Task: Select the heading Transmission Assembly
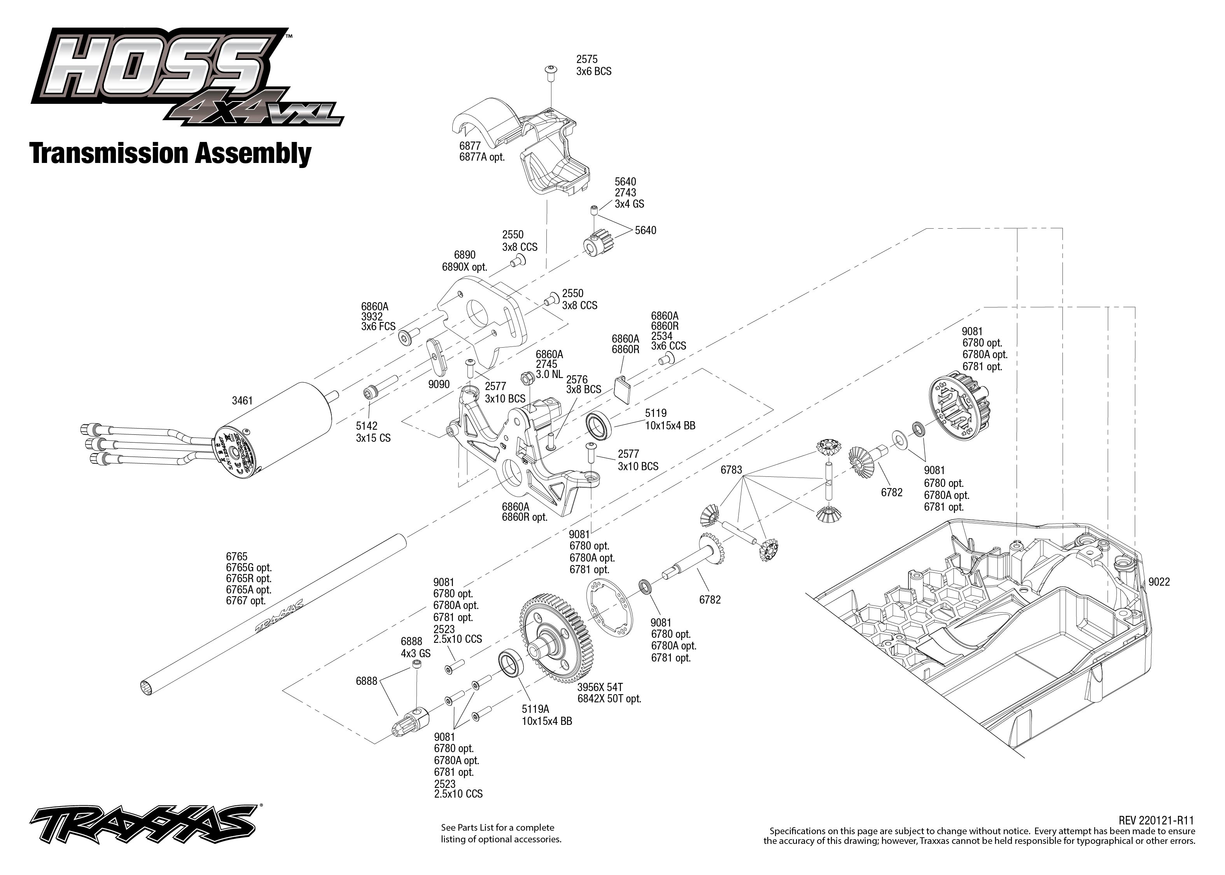click(170, 154)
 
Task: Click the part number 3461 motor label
click(242, 400)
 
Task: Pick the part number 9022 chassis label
click(1159, 582)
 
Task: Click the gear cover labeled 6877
click(533, 145)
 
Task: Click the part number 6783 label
click(731, 470)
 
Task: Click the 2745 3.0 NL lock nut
click(526, 378)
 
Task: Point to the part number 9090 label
click(439, 384)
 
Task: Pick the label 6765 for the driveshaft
click(236, 556)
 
